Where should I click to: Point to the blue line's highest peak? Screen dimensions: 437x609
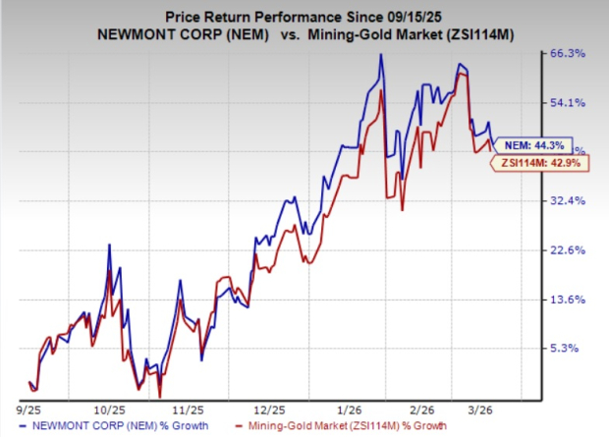[x=380, y=54]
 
